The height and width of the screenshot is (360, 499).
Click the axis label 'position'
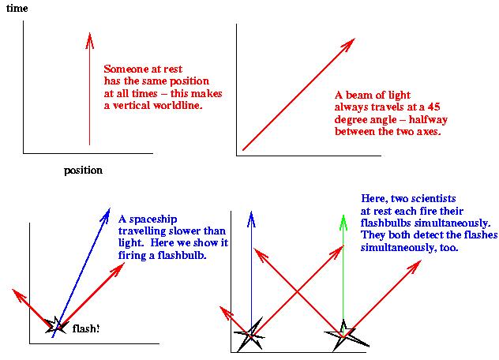click(x=83, y=170)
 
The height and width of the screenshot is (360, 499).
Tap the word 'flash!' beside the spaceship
click(x=86, y=328)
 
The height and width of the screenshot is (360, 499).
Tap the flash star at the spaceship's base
click(x=55, y=324)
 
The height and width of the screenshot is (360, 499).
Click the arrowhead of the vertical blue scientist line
click(x=251, y=216)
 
